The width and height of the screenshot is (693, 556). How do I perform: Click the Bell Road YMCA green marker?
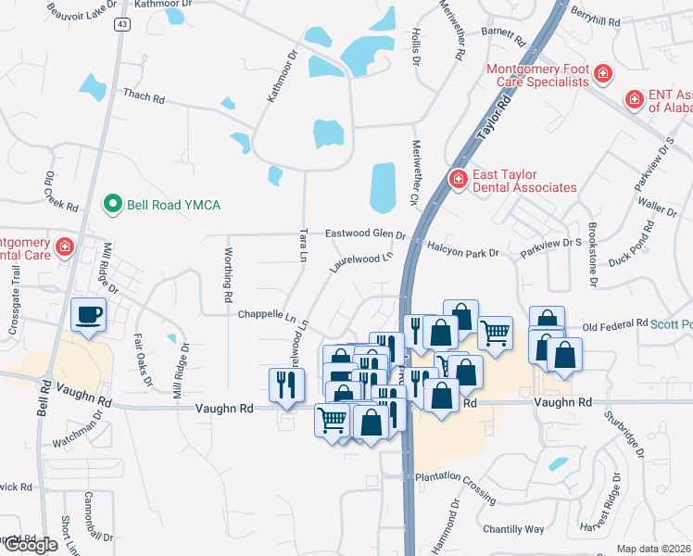coord(112,204)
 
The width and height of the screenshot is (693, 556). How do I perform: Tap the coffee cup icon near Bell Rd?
coord(89,315)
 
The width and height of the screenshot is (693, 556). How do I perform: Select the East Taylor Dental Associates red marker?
coord(457,178)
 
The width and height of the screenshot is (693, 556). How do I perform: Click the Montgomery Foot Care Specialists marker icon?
coord(602,72)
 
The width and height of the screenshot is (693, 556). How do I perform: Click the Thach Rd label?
coord(143,95)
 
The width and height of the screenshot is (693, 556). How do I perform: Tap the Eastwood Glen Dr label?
coord(365,234)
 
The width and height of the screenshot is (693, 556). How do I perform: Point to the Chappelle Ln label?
coord(266,315)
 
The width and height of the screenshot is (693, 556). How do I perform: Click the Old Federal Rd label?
coord(614,324)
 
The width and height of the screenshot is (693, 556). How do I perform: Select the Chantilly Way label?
coord(513,529)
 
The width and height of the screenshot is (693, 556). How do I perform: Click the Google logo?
coord(30,545)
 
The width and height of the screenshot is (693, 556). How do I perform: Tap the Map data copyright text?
coord(653,549)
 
